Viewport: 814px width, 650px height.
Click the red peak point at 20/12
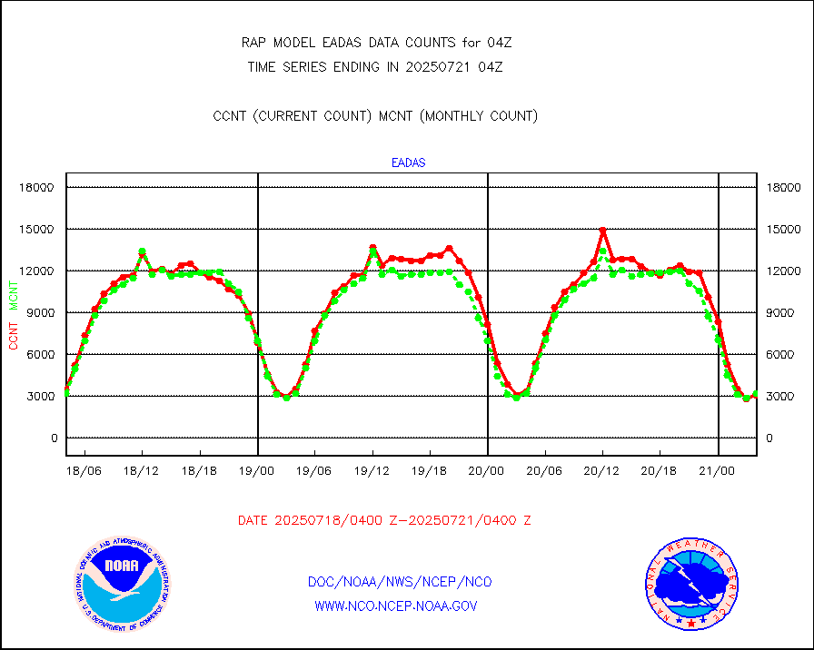[x=602, y=231]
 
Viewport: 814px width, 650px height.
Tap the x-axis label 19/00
[x=257, y=471]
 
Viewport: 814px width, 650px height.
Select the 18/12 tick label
[x=142, y=471]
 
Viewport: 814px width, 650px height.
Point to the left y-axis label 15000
[x=38, y=229]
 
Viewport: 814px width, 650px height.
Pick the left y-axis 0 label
[x=54, y=438]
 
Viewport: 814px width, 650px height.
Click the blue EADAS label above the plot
[x=408, y=163]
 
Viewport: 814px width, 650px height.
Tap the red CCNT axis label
[x=14, y=332]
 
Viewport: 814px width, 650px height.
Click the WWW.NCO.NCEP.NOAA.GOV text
[x=396, y=606]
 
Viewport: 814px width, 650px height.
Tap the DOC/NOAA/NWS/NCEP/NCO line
[x=400, y=582]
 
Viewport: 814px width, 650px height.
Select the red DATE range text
[x=384, y=521]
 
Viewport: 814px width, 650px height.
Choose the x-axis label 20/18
[x=660, y=471]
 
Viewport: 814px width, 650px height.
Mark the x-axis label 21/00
[x=717, y=471]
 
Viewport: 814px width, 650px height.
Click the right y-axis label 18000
[x=783, y=187]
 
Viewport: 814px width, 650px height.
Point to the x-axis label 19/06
[x=314, y=471]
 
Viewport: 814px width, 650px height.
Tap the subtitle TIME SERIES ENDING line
[x=375, y=66]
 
